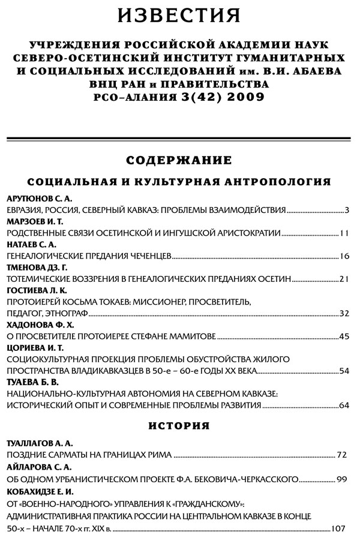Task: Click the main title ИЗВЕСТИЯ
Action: [x=179, y=15]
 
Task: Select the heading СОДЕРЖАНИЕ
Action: [x=179, y=160]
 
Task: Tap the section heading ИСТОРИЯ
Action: [x=179, y=426]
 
